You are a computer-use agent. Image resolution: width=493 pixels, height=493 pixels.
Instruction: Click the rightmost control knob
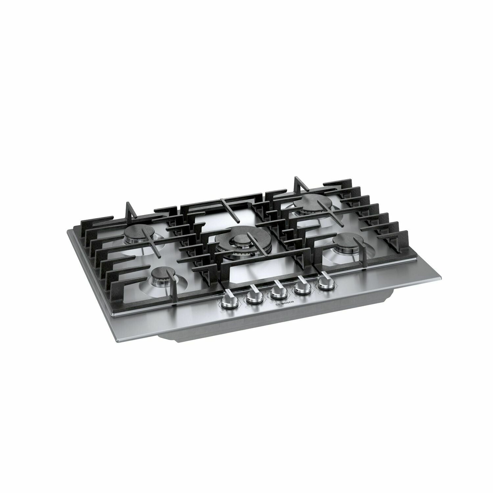[x=325, y=282]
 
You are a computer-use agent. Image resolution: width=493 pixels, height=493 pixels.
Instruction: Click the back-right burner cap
[x=309, y=200]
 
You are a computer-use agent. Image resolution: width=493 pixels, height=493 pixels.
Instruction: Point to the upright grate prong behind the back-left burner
[x=129, y=209]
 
